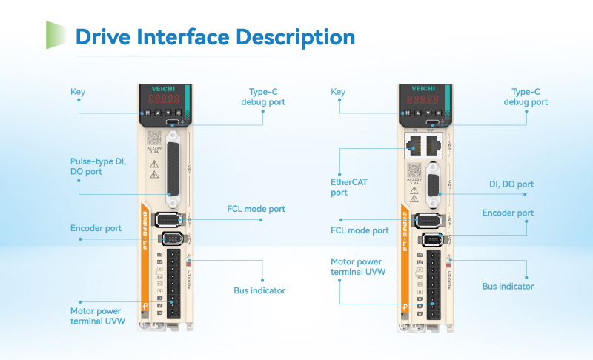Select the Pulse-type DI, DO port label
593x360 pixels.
(x=99, y=166)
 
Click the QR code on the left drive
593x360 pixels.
(x=154, y=138)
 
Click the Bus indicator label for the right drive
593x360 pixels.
(x=508, y=286)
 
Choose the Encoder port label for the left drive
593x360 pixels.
(x=96, y=228)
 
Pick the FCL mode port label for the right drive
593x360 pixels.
(x=360, y=230)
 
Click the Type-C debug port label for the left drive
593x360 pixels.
(x=262, y=97)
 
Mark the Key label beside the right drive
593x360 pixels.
(x=338, y=92)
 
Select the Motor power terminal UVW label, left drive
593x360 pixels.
(x=98, y=316)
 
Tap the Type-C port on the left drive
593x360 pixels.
(x=173, y=121)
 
